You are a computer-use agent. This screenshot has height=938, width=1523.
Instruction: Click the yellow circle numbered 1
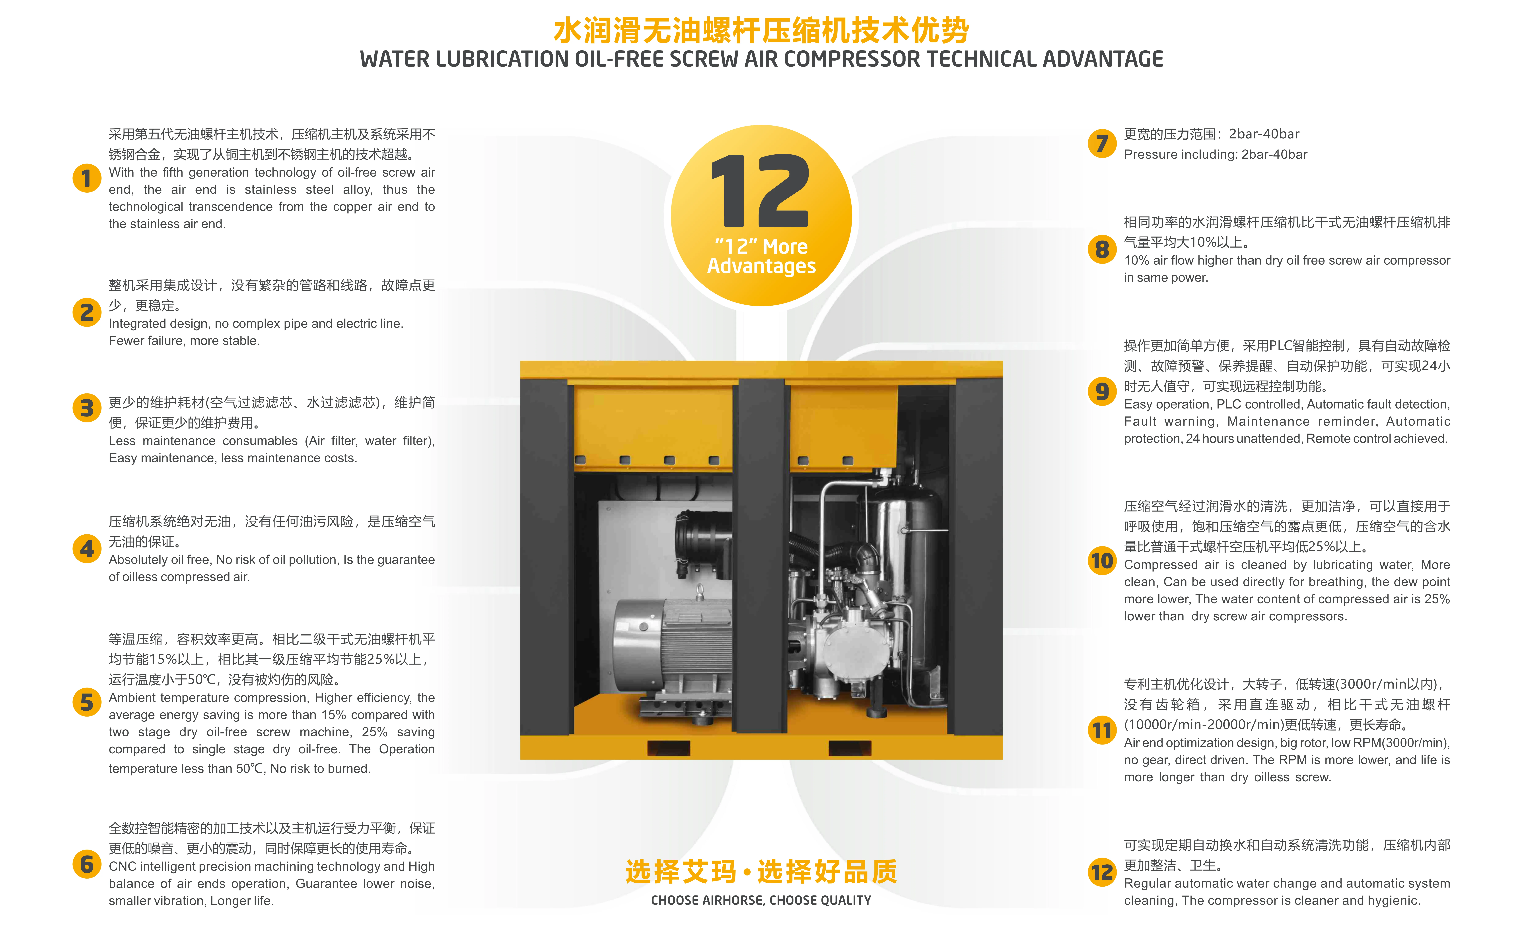[87, 179]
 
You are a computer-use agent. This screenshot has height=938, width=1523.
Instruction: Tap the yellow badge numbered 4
[87, 549]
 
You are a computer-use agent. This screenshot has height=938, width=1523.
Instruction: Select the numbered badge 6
[87, 864]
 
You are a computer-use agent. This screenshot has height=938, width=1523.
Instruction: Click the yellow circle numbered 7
[1102, 143]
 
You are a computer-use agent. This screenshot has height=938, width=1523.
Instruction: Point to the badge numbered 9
[1102, 391]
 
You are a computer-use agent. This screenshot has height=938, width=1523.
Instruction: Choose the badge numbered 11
[1102, 730]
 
